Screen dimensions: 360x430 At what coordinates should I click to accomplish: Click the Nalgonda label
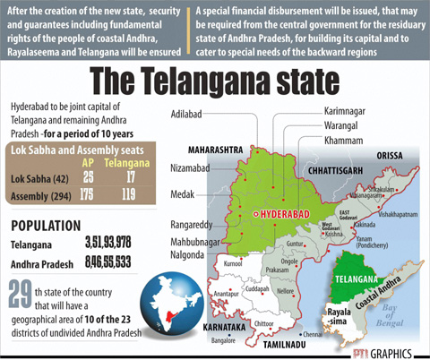pos(192,253)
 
